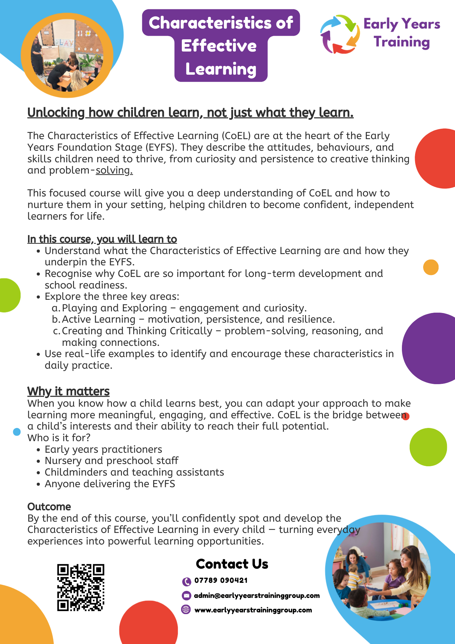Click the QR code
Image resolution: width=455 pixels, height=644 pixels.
point(81,587)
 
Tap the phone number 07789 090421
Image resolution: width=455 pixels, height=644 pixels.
point(221,581)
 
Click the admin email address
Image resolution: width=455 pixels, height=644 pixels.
point(257,596)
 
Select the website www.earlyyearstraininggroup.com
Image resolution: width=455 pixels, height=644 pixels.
point(253,610)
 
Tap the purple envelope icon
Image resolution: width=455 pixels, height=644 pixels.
point(186,596)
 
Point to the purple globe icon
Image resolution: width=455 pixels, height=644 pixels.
point(186,610)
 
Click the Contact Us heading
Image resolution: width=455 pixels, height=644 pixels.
point(232,564)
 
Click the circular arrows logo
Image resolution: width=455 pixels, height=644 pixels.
point(340,34)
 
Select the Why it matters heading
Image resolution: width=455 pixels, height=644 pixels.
point(69,391)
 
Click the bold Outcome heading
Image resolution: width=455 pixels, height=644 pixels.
point(49,507)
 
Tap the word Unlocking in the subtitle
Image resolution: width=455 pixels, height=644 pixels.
point(56,113)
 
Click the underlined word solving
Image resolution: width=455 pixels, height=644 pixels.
point(114,170)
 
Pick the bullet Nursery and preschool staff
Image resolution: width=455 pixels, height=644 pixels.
point(111,461)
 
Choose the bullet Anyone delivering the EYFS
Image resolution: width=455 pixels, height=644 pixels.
point(110,484)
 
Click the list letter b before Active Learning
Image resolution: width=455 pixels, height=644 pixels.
point(56,319)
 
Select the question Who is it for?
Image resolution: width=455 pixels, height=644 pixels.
point(59,438)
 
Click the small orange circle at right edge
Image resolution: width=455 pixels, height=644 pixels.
point(431,267)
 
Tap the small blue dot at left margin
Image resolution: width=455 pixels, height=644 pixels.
point(17,432)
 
